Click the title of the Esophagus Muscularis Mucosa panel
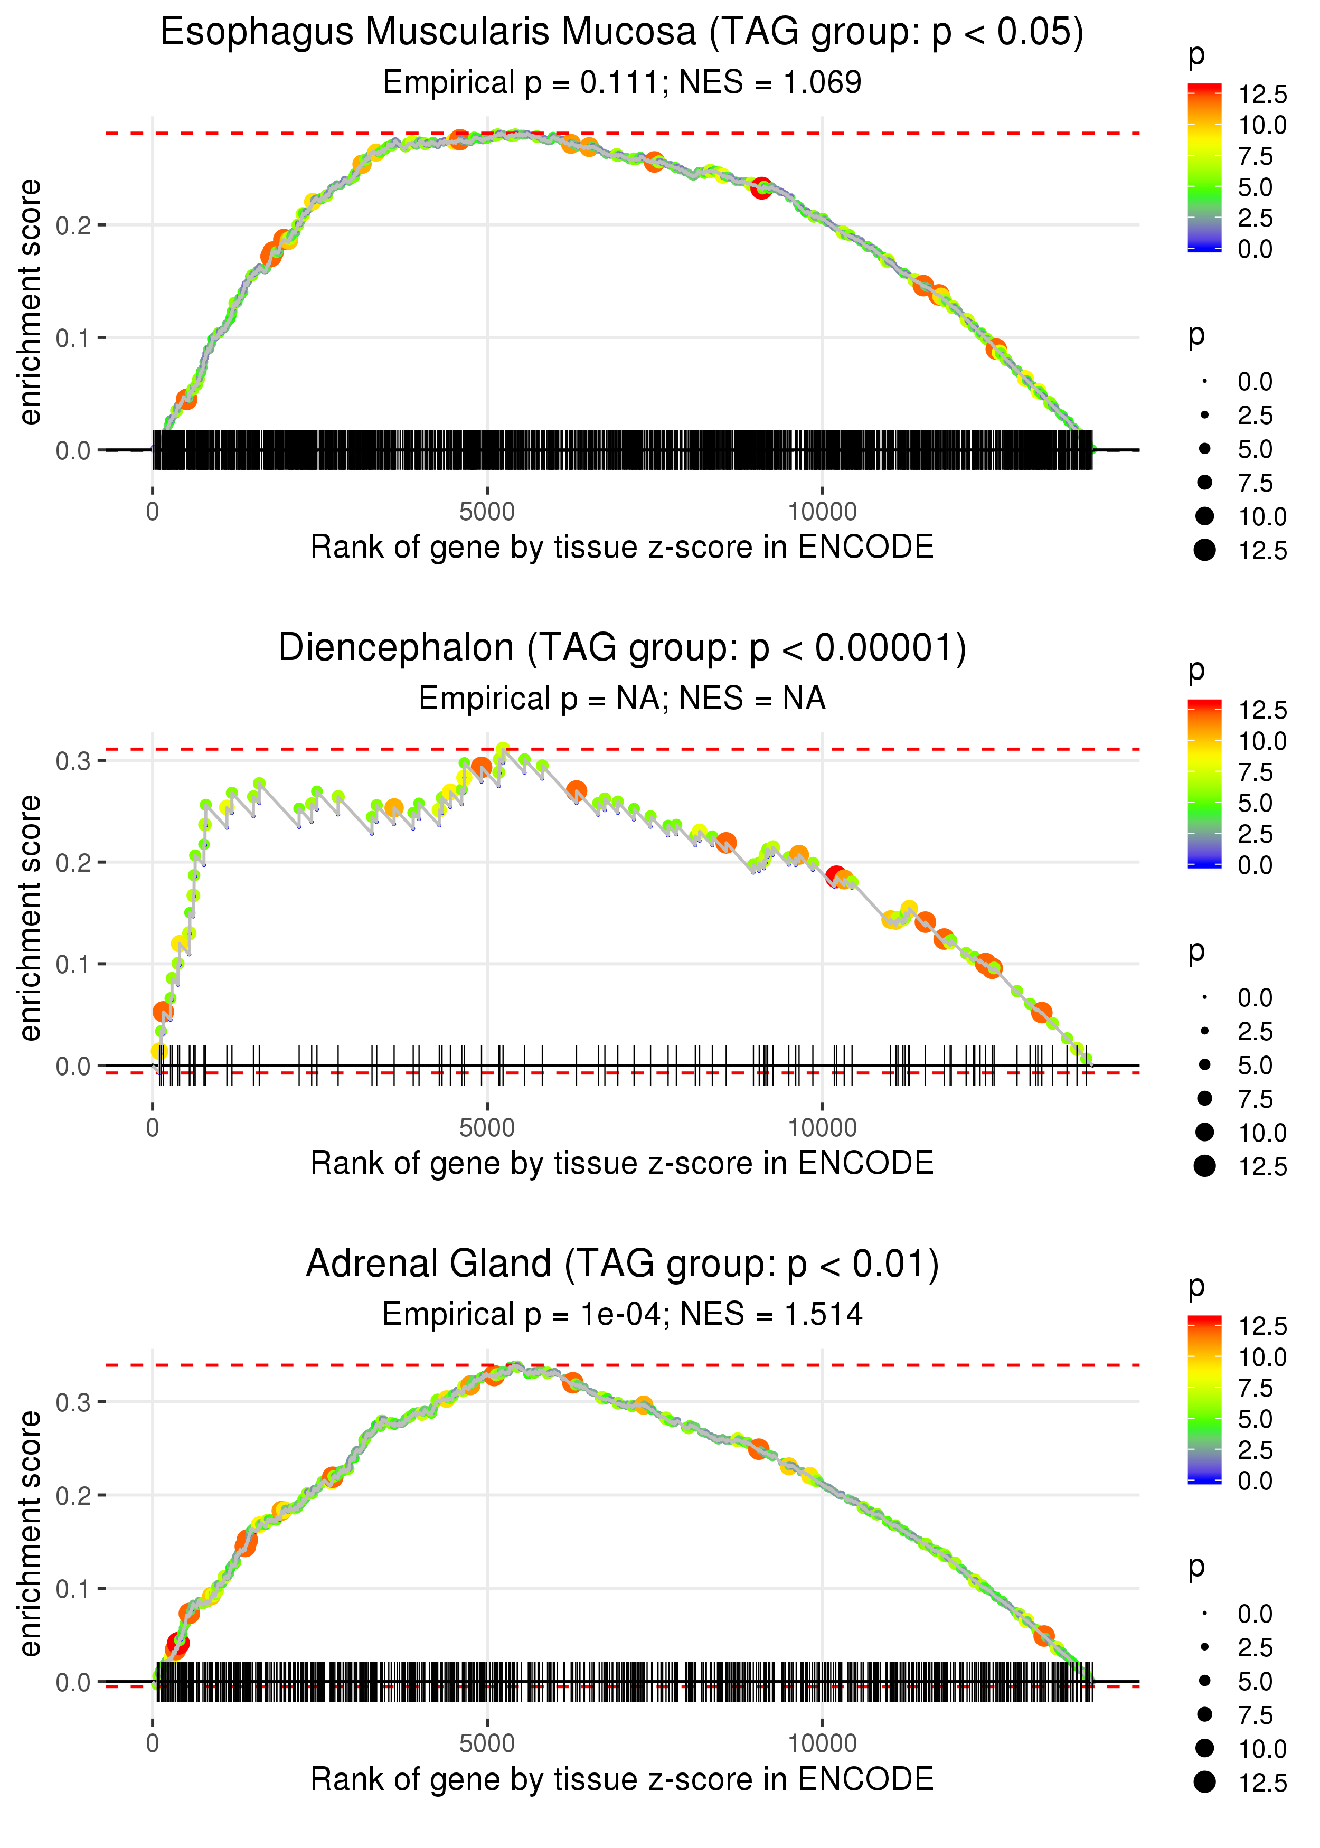tap(622, 33)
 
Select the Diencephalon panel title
tap(622, 648)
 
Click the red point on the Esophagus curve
tap(761, 188)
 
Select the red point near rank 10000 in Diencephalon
tap(835, 876)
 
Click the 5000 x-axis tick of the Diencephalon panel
tap(487, 1128)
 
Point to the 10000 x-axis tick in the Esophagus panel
tap(822, 512)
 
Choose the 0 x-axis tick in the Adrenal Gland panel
tap(153, 1744)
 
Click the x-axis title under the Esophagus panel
tap(622, 548)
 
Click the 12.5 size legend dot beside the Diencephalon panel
tap(1204, 1166)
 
